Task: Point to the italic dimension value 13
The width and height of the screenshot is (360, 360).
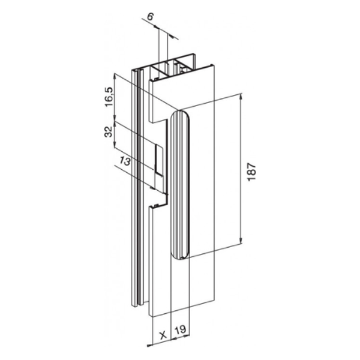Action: coord(125,160)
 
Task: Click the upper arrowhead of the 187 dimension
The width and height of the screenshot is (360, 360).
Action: coord(241,98)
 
